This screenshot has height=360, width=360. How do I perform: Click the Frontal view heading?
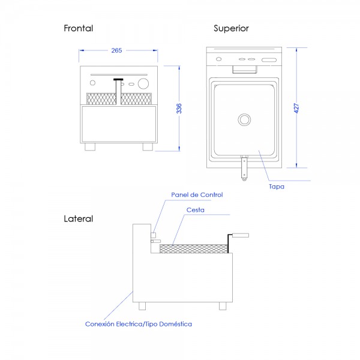[x=78, y=28]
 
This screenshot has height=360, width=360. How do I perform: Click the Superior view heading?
[x=231, y=28]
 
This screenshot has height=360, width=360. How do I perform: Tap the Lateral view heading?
[x=78, y=218]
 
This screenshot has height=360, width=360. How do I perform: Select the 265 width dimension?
[x=116, y=50]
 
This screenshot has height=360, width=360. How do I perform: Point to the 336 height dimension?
[x=179, y=109]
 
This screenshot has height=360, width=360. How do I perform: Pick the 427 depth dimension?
[x=296, y=108]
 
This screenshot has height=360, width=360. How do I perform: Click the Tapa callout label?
[x=277, y=187]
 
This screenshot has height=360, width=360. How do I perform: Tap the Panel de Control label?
[x=197, y=194]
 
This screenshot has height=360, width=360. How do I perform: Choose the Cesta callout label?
[x=196, y=210]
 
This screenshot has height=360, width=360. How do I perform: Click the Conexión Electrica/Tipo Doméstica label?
[x=139, y=324]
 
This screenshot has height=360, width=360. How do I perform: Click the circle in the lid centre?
[x=244, y=119]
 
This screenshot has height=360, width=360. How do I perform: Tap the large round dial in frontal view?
[x=143, y=83]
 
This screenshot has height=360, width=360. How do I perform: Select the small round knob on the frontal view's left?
[x=92, y=83]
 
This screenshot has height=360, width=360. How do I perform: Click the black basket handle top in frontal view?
[x=118, y=80]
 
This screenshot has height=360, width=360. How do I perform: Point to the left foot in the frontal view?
[x=90, y=147]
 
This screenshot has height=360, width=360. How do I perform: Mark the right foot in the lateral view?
[x=223, y=306]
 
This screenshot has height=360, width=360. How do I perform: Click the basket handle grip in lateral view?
[x=241, y=235]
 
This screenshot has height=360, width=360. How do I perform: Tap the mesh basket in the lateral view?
[x=194, y=249]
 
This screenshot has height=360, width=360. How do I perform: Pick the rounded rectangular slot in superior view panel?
[x=269, y=60]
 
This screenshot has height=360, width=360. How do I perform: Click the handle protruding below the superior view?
[x=244, y=167]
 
